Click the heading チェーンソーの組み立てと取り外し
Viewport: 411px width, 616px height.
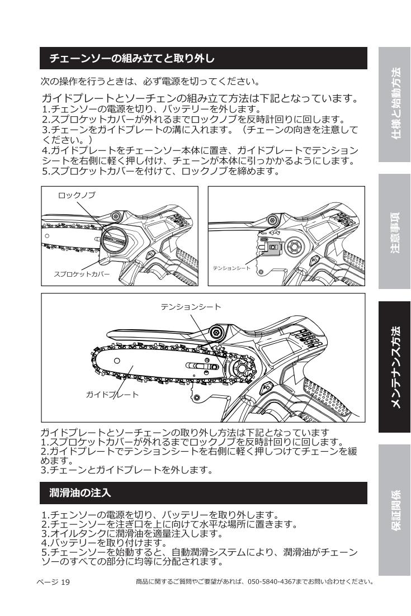coord(132,59)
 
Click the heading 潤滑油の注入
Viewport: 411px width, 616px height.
coord(80,492)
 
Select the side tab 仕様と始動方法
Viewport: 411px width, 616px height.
coord(394,105)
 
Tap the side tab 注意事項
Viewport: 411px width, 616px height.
coord(394,231)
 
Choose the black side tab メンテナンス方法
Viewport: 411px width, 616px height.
coord(394,367)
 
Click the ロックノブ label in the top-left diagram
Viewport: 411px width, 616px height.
coord(77,195)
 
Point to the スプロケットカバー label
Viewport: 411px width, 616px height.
coord(82,274)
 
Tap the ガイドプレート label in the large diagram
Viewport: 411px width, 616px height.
coord(112,395)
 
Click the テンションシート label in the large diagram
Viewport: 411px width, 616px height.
coord(191,306)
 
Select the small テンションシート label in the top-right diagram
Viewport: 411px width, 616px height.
coord(232,268)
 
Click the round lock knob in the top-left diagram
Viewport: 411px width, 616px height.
coord(114,240)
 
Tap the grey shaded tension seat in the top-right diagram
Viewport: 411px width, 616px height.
coord(272,247)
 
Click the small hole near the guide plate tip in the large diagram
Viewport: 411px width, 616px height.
coord(117,361)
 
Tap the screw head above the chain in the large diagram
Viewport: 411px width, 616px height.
coord(215,332)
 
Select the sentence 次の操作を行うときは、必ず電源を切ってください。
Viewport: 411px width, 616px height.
coord(150,81)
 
